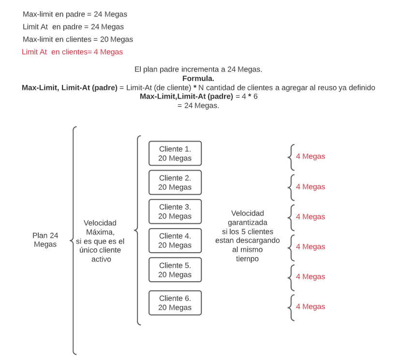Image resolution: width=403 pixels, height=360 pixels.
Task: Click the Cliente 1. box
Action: [175, 154]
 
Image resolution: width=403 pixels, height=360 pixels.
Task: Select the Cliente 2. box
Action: [175, 183]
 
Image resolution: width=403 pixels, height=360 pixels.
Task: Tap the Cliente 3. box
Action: [175, 212]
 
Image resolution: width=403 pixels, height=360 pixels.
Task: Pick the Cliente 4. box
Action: [175, 241]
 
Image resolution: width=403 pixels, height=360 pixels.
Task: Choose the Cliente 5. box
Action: [175, 270]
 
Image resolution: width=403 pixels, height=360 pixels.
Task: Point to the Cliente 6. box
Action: [175, 303]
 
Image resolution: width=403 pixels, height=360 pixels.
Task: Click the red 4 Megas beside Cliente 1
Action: [310, 157]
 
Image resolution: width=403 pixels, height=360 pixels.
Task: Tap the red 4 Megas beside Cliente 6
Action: [310, 307]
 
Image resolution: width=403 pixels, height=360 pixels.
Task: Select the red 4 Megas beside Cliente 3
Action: [310, 217]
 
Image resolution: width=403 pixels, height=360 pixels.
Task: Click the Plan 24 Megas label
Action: [45, 240]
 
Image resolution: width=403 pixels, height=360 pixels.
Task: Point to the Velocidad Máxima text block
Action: [100, 241]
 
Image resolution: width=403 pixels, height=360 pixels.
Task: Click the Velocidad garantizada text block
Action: [247, 236]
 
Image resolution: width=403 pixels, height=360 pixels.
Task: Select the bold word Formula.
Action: [198, 78]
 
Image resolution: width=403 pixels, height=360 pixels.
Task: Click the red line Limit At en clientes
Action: [72, 52]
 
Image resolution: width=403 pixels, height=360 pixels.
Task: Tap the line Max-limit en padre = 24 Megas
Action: [75, 14]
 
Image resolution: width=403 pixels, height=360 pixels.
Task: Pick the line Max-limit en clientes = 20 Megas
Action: [77, 40]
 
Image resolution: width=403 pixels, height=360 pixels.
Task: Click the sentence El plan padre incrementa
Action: [198, 69]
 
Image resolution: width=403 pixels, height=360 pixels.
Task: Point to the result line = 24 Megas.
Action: [198, 105]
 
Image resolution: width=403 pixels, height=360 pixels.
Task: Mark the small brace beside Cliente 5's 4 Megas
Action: [290, 277]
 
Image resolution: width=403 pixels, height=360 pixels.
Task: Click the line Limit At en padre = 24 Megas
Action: [73, 27]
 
